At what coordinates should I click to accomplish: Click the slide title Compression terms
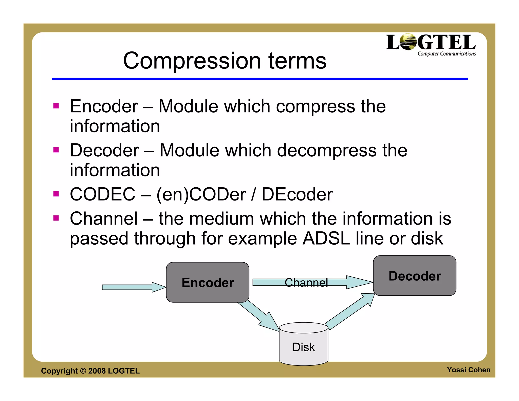click(225, 61)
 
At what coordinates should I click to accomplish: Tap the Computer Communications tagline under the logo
click(447, 54)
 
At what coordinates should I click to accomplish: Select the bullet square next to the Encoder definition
click(56, 106)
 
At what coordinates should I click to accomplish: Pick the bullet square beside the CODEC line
click(56, 194)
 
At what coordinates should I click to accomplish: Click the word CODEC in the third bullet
click(103, 194)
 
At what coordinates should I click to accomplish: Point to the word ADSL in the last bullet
click(326, 239)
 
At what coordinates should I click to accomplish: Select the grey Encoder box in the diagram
click(208, 282)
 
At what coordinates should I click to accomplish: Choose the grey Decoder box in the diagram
click(415, 276)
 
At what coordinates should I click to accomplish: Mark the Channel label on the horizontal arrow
click(306, 282)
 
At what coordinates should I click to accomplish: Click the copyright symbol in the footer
click(83, 371)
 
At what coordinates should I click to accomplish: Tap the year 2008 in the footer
click(97, 371)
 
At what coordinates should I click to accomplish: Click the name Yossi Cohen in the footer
click(468, 370)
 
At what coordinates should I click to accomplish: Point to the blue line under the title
click(260, 79)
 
